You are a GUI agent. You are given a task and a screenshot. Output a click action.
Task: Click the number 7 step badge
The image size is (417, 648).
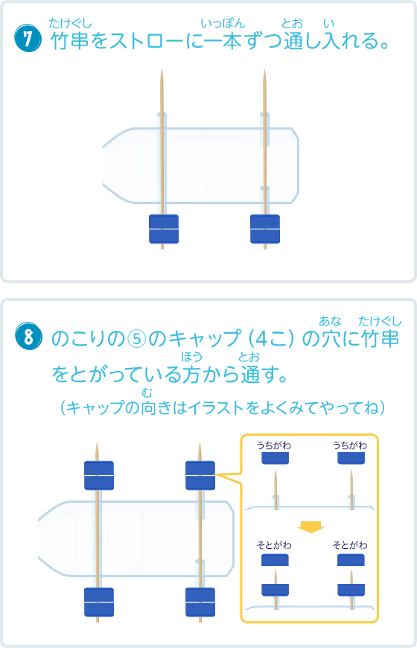[x=28, y=39]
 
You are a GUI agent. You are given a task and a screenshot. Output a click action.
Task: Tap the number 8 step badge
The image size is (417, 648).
[x=28, y=336]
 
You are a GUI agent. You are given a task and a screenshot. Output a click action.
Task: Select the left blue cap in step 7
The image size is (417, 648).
[x=164, y=229]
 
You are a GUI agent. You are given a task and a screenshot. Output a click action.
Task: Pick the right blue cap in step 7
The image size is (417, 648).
[x=265, y=229]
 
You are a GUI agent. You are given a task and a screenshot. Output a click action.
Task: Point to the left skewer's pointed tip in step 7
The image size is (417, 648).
[x=162, y=70]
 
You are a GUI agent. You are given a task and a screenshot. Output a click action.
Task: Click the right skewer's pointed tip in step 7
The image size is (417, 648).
[x=264, y=70]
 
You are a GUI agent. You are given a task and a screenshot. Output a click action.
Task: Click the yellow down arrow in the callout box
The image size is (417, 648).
[x=311, y=527]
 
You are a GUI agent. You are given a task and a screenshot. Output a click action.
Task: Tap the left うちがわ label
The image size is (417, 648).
[x=274, y=445]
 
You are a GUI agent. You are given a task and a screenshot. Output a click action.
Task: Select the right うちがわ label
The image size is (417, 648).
[x=350, y=445]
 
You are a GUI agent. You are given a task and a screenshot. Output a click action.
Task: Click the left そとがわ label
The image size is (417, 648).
[x=274, y=545]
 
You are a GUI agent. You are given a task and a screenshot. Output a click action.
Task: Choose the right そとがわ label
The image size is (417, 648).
[x=350, y=545]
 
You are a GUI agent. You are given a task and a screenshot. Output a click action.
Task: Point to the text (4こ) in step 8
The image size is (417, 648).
[x=272, y=339]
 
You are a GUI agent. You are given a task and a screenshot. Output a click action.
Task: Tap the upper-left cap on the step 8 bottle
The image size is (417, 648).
[x=99, y=475]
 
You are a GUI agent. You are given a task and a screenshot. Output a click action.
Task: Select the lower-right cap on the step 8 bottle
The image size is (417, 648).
[x=200, y=602]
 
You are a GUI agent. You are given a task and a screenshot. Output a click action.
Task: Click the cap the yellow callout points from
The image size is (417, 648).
[x=200, y=475]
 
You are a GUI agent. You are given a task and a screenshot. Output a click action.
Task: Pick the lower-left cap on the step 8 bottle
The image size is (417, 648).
[x=99, y=602]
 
